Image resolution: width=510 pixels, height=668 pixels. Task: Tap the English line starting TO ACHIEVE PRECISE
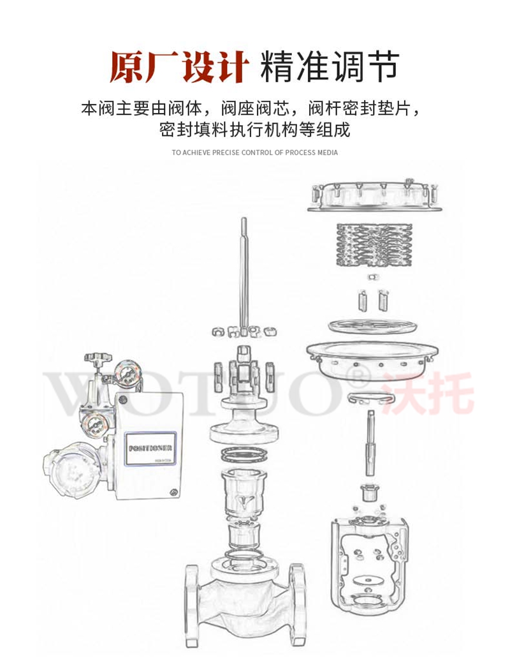click(254, 152)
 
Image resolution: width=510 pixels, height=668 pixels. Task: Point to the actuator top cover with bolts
click(374, 197)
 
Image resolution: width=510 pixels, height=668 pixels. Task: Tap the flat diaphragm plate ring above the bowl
click(373, 326)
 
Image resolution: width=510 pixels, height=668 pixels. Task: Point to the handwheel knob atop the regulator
click(99, 357)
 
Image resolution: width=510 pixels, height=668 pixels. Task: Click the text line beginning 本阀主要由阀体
click(254, 107)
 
